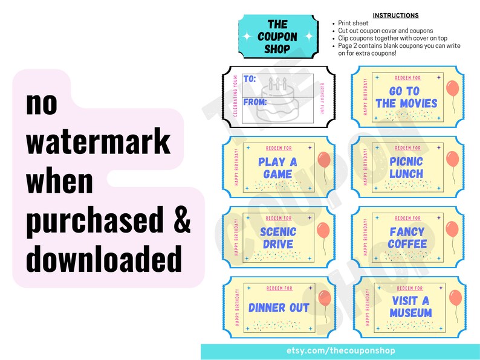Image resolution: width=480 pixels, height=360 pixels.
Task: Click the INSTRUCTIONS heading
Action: tap(395, 15)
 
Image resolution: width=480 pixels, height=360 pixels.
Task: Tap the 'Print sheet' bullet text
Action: tap(356, 23)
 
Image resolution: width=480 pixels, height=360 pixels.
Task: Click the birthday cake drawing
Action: tap(277, 101)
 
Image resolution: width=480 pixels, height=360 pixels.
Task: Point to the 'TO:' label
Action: tap(250, 79)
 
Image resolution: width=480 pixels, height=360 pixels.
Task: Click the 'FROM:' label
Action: tap(255, 102)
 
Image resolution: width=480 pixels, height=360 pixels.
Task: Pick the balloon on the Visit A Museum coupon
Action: tap(455, 298)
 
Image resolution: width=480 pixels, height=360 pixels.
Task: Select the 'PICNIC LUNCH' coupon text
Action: tap(406, 168)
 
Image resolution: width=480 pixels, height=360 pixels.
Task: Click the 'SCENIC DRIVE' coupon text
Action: tap(277, 238)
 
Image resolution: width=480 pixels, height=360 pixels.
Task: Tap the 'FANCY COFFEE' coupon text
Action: tap(407, 238)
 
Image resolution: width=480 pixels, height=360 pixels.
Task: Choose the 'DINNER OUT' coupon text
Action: tap(279, 307)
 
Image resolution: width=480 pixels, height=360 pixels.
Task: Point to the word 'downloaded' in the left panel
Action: tap(104, 260)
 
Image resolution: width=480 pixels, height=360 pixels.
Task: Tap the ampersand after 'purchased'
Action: tap(182, 221)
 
